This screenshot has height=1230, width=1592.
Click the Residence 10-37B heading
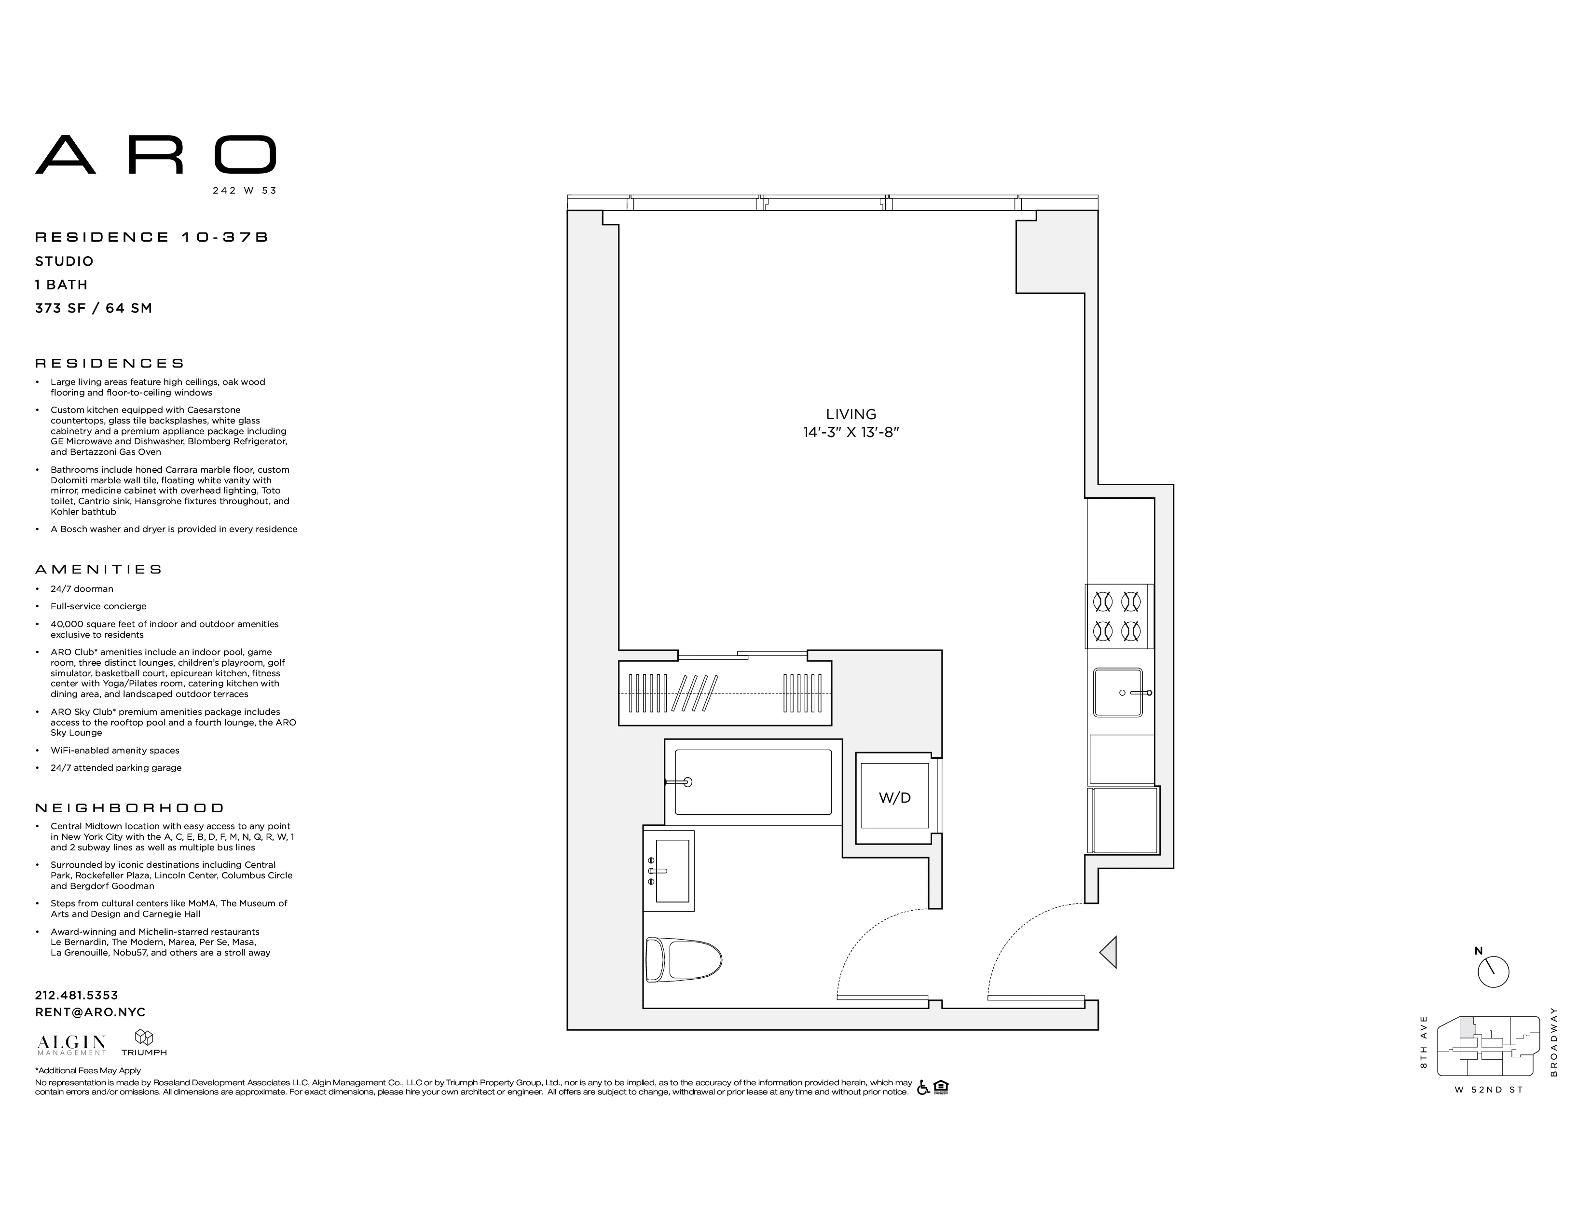(x=151, y=237)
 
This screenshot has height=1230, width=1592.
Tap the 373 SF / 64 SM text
(x=93, y=308)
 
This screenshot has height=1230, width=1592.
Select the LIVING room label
(x=851, y=414)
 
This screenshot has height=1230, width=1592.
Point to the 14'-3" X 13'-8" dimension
(x=851, y=432)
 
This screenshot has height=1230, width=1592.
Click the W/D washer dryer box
(x=894, y=797)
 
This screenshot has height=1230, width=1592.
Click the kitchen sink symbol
(x=1117, y=692)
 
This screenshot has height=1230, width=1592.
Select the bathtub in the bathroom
(x=753, y=782)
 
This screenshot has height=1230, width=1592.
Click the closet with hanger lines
(x=725, y=692)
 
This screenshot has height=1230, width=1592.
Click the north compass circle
(x=1493, y=972)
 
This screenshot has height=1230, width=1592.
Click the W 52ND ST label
(x=1488, y=1089)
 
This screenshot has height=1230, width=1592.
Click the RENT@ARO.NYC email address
(x=90, y=1012)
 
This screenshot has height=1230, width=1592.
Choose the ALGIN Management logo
(x=71, y=1045)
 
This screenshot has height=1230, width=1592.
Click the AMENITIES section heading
(x=99, y=569)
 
